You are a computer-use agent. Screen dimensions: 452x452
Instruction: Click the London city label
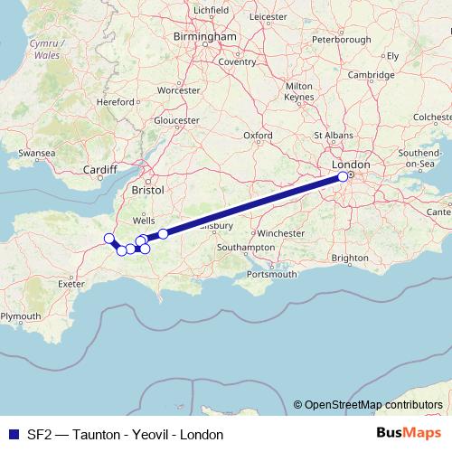351,165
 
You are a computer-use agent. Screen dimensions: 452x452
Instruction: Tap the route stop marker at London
343,177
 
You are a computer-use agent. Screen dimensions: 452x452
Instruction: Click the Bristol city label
147,191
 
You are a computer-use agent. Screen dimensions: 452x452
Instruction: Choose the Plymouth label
20,316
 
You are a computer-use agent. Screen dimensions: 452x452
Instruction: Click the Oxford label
258,136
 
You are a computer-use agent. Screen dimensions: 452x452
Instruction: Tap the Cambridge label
372,75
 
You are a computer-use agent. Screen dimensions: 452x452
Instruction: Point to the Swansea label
36,154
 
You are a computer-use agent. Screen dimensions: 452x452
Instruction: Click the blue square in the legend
12,435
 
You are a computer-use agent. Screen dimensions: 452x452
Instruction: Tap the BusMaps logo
409,434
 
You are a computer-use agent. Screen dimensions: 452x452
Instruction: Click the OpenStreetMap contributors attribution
373,404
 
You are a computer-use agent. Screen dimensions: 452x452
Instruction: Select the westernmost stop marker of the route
109,239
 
